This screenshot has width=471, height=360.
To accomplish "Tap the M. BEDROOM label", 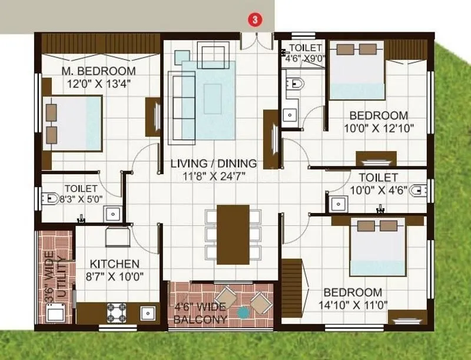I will click(98, 71).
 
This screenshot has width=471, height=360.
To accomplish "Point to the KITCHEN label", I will click(114, 264).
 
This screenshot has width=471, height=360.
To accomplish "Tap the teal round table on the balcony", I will click(243, 313).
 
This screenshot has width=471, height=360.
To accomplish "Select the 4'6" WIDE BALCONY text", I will click(201, 314).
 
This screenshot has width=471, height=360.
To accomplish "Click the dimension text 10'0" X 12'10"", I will click(379, 128).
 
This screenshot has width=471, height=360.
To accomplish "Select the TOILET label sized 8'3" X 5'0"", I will click(81, 194).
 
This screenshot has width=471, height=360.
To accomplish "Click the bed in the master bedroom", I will click(74, 122).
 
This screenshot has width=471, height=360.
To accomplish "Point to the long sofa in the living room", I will click(176, 107).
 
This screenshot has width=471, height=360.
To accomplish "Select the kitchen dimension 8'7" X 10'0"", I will click(114, 276).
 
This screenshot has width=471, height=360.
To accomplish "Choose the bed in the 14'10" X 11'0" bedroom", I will click(377, 247).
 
